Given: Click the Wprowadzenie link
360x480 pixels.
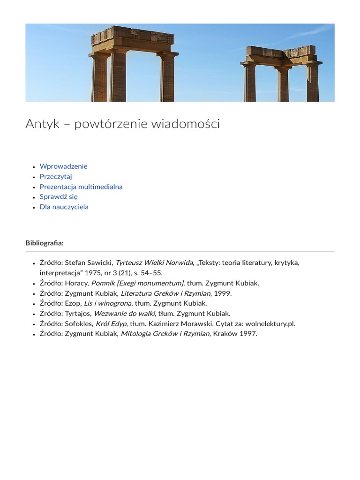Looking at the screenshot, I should click(x=63, y=166).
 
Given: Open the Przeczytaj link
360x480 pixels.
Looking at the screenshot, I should click(x=56, y=177).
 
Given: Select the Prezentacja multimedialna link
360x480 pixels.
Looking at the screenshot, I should click(x=81, y=187).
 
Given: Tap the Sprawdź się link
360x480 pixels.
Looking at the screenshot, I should click(x=59, y=197).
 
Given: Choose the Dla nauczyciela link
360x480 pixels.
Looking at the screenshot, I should click(x=64, y=207).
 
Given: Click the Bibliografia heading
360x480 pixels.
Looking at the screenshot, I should click(x=45, y=243).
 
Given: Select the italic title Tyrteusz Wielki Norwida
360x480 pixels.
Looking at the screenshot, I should click(x=154, y=262).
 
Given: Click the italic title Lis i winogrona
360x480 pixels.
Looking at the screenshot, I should click(x=107, y=303).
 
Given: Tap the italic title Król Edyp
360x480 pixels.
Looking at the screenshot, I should click(x=111, y=324).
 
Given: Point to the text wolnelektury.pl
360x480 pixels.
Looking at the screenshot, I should click(x=270, y=324).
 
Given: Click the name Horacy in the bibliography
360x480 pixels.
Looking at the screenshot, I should click(x=76, y=283).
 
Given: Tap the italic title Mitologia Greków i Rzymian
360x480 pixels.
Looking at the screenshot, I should click(x=165, y=334).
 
